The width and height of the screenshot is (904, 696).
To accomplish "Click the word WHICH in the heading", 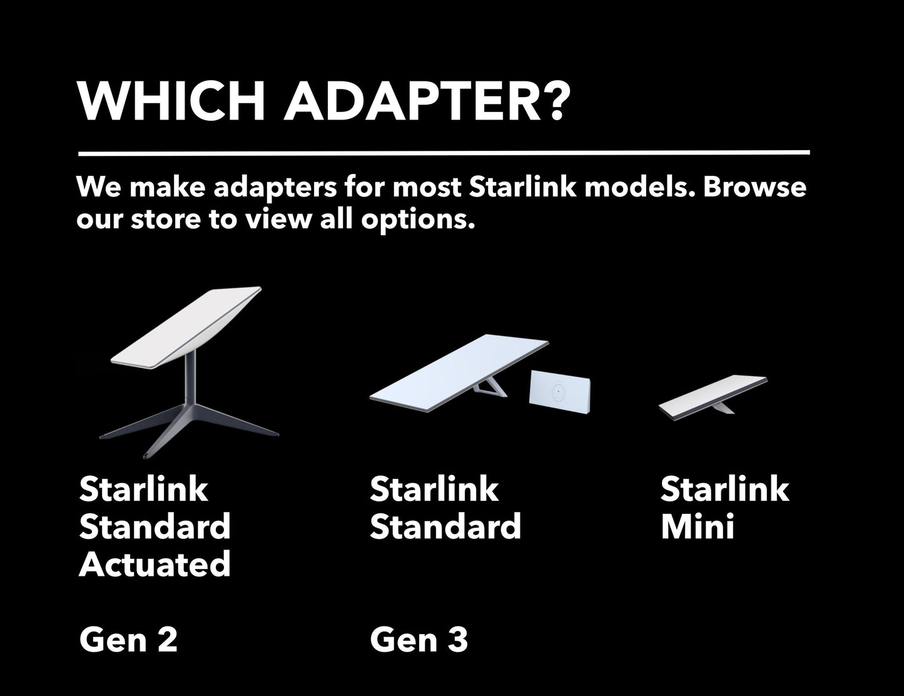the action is (x=171, y=101).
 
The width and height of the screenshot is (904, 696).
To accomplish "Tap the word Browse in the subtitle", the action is (x=754, y=187).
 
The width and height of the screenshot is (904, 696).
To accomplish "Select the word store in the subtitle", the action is (x=166, y=219).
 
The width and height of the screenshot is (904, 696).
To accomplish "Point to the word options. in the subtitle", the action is (x=418, y=220).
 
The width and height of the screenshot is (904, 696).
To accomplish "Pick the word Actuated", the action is (x=155, y=565).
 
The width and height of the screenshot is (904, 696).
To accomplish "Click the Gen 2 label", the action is (x=128, y=640).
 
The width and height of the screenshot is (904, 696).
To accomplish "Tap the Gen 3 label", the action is (x=419, y=640).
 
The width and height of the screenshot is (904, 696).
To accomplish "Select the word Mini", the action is (x=698, y=526).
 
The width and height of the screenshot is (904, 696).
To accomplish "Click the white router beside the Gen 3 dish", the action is (x=559, y=392).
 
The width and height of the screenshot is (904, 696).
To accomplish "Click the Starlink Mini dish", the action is (x=713, y=397).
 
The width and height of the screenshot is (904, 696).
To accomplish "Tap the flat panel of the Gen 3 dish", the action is (x=459, y=372).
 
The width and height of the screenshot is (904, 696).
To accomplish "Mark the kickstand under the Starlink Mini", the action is (x=723, y=409).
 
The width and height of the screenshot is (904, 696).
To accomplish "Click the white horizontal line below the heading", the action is (x=444, y=153).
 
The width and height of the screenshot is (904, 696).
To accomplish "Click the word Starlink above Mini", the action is (x=724, y=489).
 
